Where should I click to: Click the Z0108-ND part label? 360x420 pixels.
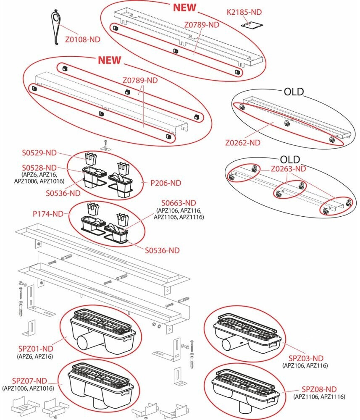coord(83,39)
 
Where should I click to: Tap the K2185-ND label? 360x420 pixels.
coord(244,12)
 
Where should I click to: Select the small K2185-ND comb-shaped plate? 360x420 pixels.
coord(252,25)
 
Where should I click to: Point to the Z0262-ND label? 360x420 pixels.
coord(243,142)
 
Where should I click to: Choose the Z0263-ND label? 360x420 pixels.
coord(289,169)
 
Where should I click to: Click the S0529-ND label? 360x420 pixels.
coord(39,153)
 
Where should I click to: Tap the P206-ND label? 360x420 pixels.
coord(166,183)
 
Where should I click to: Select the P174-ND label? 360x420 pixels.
coord(48,214)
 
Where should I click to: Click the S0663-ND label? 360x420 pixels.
coord(179,203)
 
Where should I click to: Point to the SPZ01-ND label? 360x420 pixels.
coord(36,349)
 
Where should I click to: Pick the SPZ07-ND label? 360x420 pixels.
coord(29,381)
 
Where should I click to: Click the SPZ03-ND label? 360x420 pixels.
coord(306,358)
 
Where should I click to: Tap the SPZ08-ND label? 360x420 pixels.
coord(319,389)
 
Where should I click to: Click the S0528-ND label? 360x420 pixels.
coord(39,168)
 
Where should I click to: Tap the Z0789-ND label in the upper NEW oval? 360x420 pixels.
coord(202,25)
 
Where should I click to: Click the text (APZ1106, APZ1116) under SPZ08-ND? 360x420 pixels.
coord(319,397)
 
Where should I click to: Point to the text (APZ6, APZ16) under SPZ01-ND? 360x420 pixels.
coord(35,356)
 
